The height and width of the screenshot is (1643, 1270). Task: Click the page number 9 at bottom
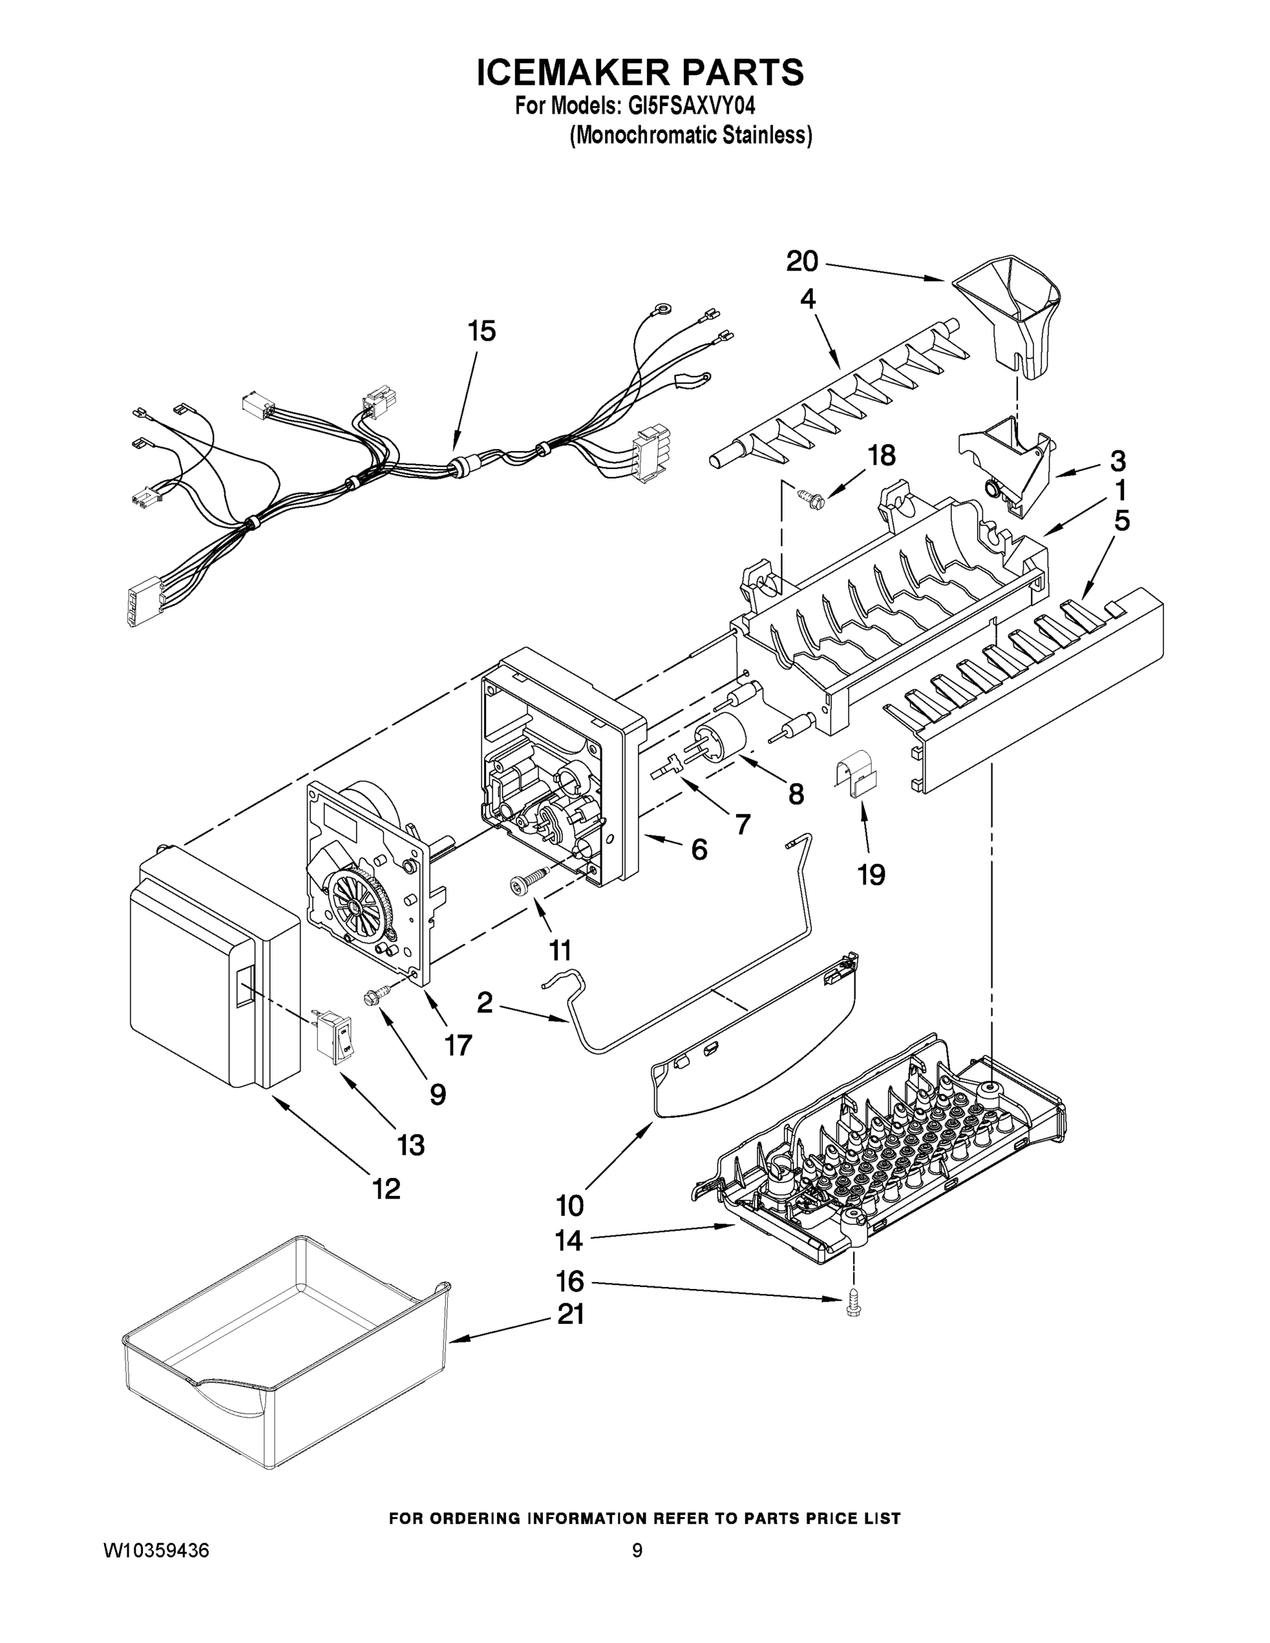point(637,1550)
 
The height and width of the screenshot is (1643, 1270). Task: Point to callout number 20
point(802,262)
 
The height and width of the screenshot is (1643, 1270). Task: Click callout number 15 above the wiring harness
point(481,331)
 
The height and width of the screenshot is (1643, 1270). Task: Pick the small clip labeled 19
point(857,778)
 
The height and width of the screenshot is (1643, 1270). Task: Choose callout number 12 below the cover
point(386,1188)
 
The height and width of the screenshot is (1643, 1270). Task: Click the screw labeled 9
point(372,997)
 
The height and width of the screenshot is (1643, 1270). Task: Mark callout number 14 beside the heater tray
point(569,1240)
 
